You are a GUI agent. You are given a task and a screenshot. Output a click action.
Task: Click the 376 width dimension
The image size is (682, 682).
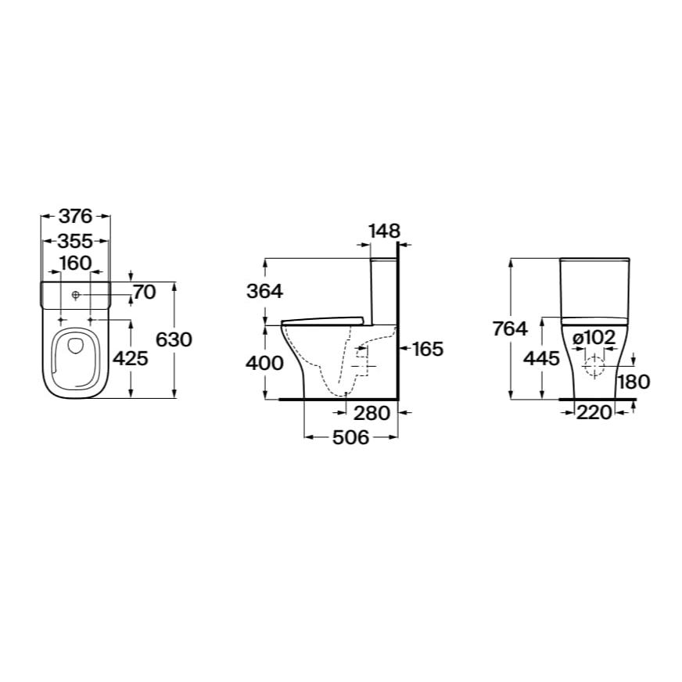pyautogui.click(x=75, y=217)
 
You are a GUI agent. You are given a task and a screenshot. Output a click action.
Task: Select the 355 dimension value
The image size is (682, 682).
pyautogui.click(x=75, y=241)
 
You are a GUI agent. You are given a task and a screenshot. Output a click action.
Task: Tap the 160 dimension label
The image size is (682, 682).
pyautogui.click(x=75, y=263)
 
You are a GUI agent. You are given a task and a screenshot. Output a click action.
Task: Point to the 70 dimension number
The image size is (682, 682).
pyautogui.click(x=145, y=293)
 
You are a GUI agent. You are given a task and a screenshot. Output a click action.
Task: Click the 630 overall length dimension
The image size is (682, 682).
pyautogui.click(x=174, y=339)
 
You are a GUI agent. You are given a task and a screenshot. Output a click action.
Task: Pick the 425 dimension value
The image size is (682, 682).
pyautogui.click(x=130, y=359)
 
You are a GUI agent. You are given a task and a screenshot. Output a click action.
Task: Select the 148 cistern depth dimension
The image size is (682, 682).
pyautogui.click(x=384, y=231)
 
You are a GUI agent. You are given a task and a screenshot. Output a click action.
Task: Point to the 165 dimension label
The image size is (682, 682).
pyautogui.click(x=428, y=349)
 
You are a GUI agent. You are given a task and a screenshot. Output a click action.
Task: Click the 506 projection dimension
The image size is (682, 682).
pyautogui.click(x=350, y=438)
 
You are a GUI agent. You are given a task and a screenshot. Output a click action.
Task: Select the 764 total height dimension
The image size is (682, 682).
pyautogui.click(x=510, y=329)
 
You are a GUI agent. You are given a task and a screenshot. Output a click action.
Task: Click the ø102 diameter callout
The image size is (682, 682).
pyautogui.click(x=594, y=336)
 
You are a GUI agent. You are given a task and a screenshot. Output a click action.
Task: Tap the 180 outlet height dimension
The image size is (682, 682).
pyautogui.click(x=633, y=382)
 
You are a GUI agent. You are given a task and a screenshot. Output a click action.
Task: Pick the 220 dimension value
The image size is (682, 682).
pyautogui.click(x=594, y=414)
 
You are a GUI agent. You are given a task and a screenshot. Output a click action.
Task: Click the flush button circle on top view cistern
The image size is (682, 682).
pyautogui.click(x=76, y=295)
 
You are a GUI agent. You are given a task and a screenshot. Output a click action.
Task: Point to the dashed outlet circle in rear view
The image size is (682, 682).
pyautogui.click(x=594, y=366)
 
